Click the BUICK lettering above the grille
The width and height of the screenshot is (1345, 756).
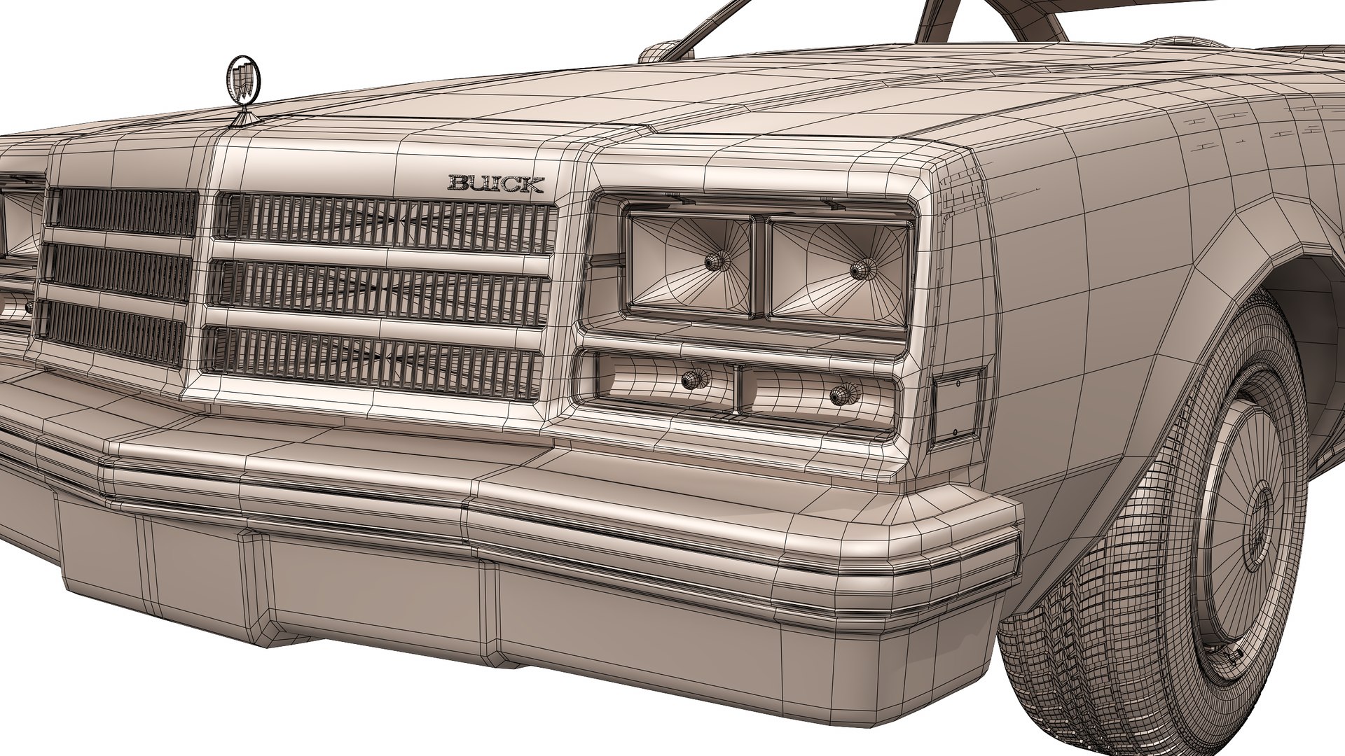(495, 184)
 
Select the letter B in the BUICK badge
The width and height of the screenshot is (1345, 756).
(459, 184)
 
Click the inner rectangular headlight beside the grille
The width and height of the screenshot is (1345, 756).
(690, 264)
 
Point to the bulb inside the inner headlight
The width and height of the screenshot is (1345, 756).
(715, 262)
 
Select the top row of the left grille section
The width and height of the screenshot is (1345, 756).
(123, 211)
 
